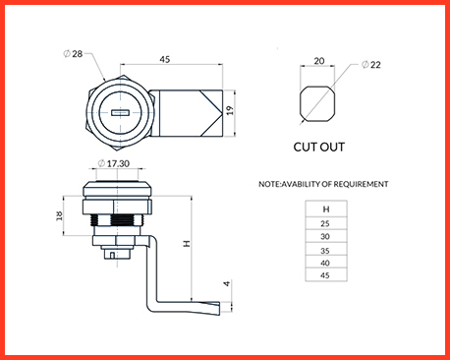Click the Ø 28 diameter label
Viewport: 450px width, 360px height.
[73, 53]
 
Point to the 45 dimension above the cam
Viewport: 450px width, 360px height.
[165, 59]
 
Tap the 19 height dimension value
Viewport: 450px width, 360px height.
[230, 110]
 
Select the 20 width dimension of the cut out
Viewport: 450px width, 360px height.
[319, 61]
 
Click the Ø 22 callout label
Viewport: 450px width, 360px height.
[371, 65]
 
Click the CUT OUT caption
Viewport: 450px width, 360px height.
[319, 147]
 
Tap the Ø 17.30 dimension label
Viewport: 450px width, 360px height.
[114, 163]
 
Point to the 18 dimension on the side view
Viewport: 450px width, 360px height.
[59, 215]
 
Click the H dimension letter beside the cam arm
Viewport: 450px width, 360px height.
[187, 244]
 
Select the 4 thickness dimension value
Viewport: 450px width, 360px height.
[227, 283]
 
